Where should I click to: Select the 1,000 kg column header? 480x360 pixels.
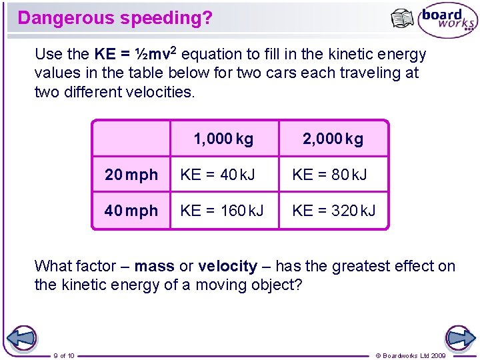point(223,139)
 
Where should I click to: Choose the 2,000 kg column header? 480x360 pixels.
point(333,139)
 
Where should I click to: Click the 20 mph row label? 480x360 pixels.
point(131,175)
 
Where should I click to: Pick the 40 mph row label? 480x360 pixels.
point(131,211)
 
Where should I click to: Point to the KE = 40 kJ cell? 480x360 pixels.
point(217,175)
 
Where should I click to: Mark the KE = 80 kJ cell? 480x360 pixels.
point(329,175)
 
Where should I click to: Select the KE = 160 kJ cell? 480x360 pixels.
point(221,211)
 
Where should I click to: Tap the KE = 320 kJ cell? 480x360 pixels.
point(333,211)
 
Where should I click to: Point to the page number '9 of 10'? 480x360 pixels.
point(64,355)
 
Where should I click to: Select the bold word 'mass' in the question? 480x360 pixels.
point(154,267)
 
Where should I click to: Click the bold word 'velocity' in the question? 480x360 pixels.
point(227,267)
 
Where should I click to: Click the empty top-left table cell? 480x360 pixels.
point(131,139)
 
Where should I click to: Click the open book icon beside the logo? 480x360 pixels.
point(402,19)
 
